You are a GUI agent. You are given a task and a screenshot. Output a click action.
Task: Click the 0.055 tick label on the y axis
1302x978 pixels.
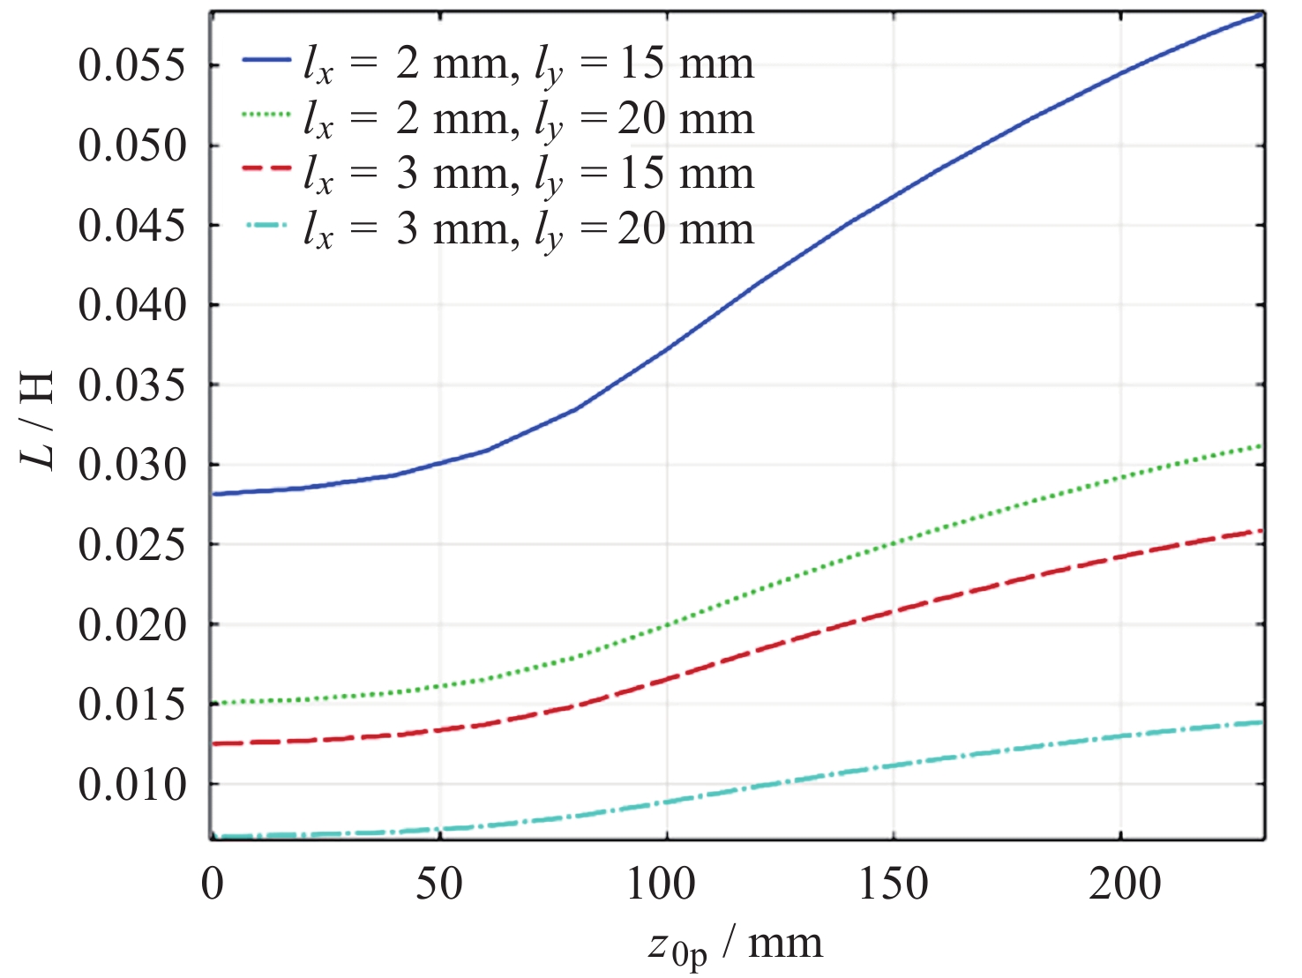(x=132, y=65)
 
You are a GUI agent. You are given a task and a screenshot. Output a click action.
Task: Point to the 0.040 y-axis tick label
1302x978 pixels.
(x=132, y=305)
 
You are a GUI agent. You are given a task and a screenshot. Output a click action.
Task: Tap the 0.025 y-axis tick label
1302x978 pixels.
(x=132, y=545)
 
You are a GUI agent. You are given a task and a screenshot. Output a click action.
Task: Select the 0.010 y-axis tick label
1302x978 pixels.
(x=132, y=784)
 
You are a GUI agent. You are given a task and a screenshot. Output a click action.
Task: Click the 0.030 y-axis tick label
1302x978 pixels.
(x=132, y=465)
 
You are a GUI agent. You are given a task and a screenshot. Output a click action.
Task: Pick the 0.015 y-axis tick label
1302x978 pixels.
(x=132, y=704)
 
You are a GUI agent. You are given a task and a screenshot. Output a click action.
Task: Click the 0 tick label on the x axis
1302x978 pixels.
(x=212, y=884)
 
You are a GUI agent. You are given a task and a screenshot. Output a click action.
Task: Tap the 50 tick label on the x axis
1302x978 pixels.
(x=438, y=884)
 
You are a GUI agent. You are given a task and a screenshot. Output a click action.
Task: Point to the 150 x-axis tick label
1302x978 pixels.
(x=893, y=884)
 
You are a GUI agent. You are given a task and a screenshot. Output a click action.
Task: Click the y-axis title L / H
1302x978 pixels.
(x=38, y=420)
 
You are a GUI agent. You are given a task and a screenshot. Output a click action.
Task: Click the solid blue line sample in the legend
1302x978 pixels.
(x=266, y=60)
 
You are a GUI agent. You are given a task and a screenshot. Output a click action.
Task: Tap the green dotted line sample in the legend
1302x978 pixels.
(x=266, y=115)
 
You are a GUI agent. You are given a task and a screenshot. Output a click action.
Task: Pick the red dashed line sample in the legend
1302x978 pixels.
(x=266, y=168)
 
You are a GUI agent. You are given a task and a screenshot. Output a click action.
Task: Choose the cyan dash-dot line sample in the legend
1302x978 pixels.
(x=266, y=225)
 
